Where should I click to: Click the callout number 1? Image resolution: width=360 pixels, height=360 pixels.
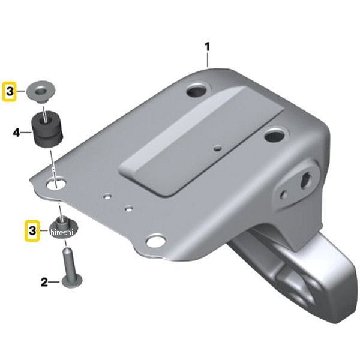208,47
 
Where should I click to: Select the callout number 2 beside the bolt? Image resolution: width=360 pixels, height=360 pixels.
44,282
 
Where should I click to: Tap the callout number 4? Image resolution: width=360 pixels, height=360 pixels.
17,133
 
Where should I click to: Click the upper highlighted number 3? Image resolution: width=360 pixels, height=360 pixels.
10,91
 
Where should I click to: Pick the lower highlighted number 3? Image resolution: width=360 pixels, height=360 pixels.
32,230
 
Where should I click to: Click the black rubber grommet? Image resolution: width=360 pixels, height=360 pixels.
47,130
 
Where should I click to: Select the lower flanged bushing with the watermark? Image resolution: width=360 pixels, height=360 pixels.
64,228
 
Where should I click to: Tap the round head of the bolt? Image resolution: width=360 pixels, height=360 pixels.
73,281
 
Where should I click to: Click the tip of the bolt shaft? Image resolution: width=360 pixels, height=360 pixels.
67,248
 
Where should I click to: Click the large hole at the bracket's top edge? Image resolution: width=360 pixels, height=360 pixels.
197,91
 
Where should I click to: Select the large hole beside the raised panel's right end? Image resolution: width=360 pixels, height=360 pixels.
275,135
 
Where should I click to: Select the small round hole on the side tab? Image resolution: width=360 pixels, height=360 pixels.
284,194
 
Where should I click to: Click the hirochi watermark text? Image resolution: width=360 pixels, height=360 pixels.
62,232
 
